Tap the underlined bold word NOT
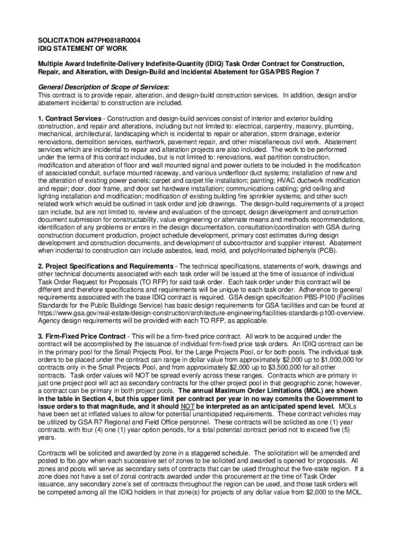188,407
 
